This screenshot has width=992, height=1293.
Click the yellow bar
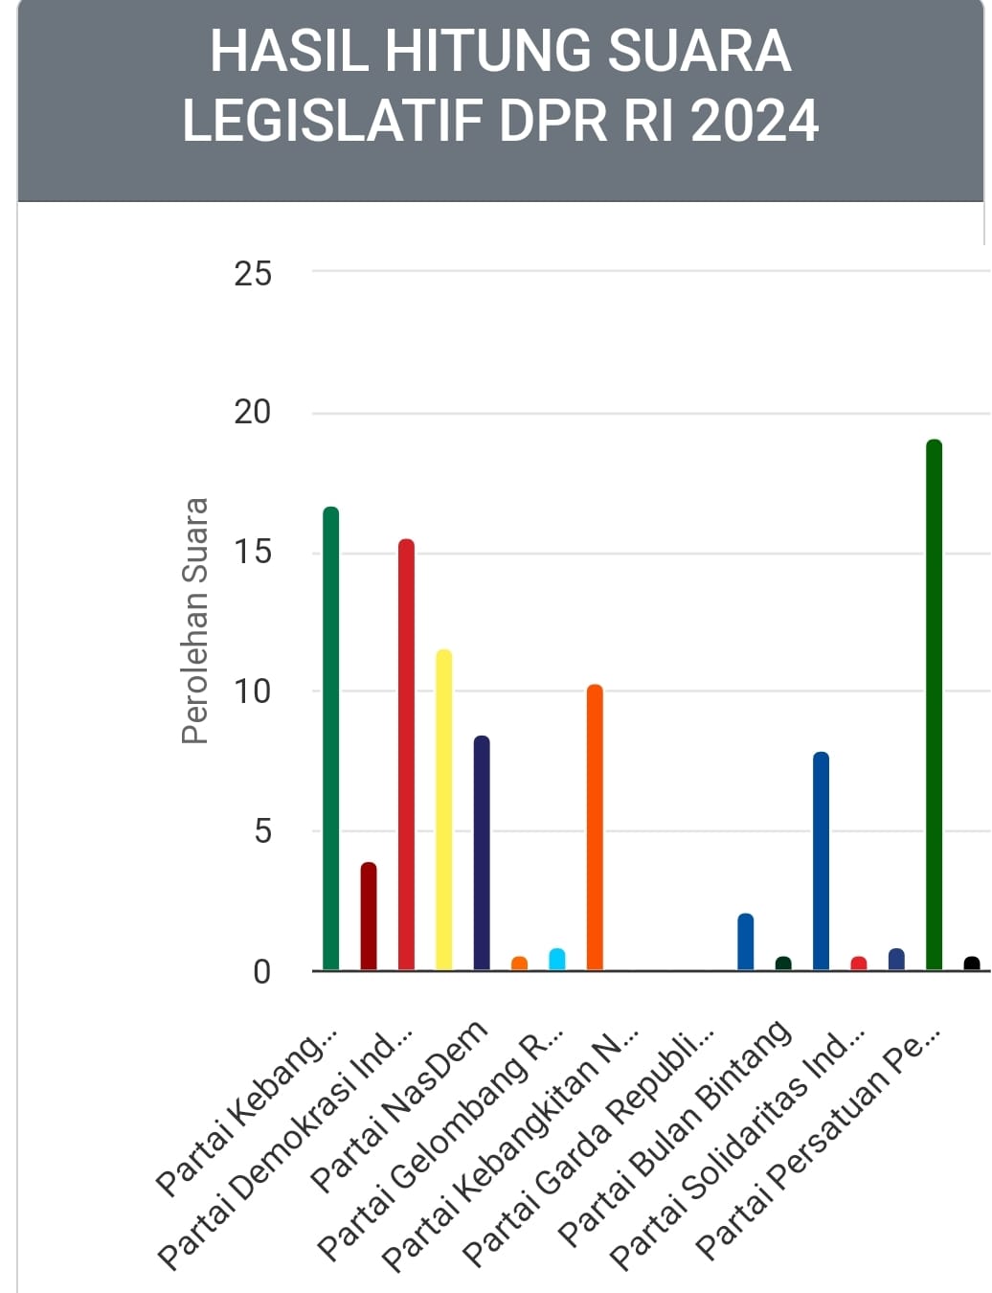point(444,809)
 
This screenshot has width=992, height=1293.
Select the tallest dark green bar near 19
point(934,704)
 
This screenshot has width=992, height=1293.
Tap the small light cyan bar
point(556,959)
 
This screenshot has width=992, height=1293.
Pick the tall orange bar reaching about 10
point(595,827)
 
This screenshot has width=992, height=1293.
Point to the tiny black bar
point(972,964)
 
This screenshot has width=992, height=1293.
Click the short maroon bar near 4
point(369,916)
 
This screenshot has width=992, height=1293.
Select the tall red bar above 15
point(406,754)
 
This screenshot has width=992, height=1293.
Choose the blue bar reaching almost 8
point(821,860)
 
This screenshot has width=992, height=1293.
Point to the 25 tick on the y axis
point(253,274)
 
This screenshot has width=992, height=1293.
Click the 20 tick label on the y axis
point(253,413)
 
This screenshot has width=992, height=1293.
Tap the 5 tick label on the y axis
point(262,831)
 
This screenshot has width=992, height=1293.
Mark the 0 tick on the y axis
point(262,972)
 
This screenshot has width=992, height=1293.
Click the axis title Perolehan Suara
point(195,621)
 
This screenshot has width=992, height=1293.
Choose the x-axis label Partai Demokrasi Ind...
point(286,1148)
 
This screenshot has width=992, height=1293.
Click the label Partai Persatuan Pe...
point(818,1145)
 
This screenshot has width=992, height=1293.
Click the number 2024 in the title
point(755,121)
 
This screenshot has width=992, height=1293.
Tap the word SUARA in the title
point(699,52)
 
